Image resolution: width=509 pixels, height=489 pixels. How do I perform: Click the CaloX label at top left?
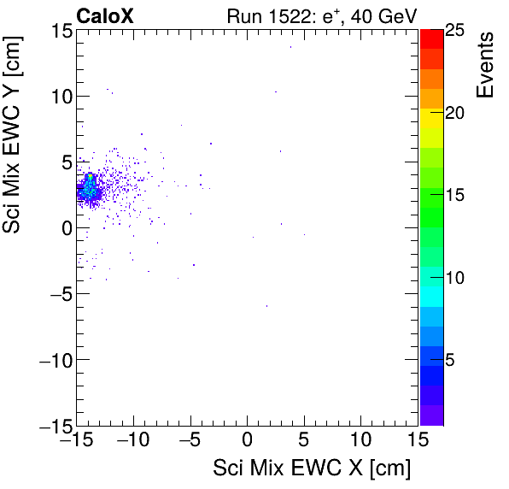[x=105, y=15]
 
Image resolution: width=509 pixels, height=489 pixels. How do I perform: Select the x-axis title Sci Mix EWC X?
[x=312, y=468]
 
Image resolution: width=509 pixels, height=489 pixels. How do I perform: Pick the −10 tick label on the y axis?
[x=53, y=360]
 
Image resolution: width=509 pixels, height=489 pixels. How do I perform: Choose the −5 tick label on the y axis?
[x=57, y=294]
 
